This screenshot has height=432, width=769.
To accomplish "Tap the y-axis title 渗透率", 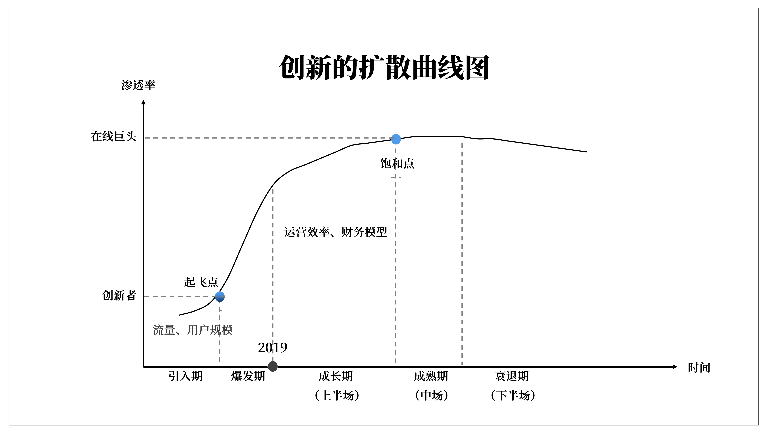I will pos(138,85).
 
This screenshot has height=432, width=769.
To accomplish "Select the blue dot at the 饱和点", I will pos(396,139).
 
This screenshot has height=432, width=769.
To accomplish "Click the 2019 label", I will pos(273,348).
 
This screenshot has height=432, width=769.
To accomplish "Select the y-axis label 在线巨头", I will pos(114,137).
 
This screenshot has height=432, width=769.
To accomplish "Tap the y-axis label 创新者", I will pos(119,295).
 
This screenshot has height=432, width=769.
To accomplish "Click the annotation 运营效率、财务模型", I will pos(336,232).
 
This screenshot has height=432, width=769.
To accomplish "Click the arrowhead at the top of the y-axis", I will pos(143,102).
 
